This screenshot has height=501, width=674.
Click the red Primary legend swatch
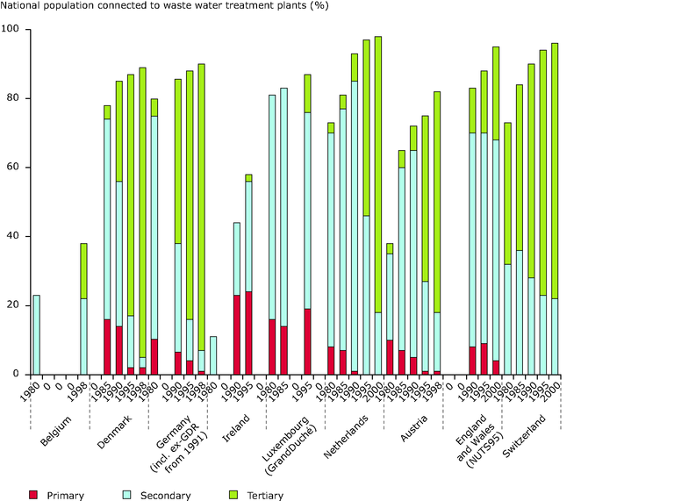click(x=34, y=495)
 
